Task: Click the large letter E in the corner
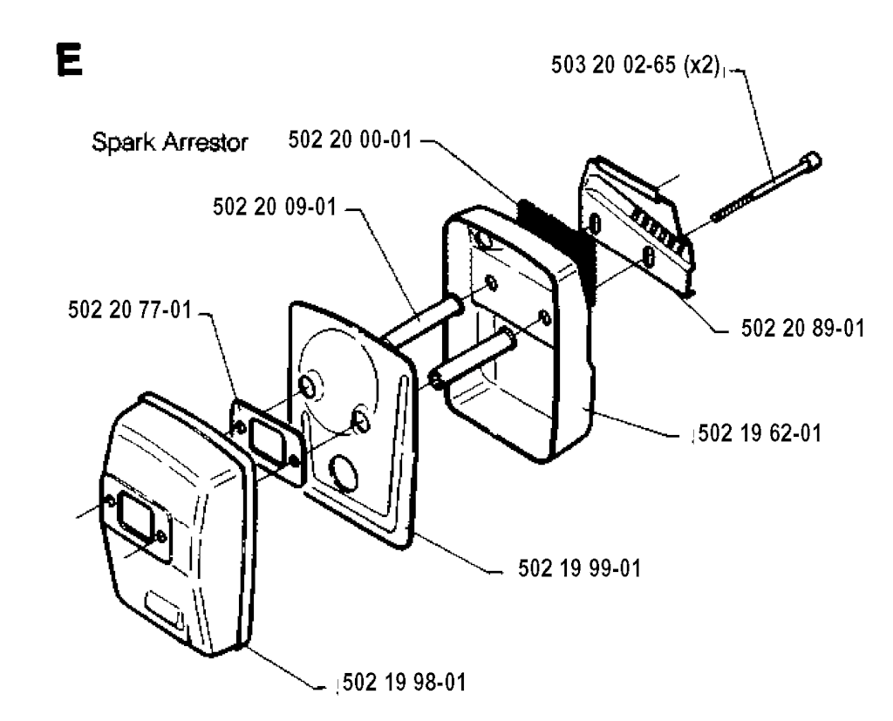pyautogui.click(x=70, y=60)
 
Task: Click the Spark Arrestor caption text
pyautogui.click(x=170, y=142)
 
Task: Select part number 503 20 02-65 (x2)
pyautogui.click(x=636, y=65)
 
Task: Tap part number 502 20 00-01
pyautogui.click(x=349, y=139)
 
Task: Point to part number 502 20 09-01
pyautogui.click(x=275, y=207)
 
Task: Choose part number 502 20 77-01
pyautogui.click(x=130, y=310)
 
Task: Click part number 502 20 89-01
pyautogui.click(x=802, y=329)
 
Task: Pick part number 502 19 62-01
pyautogui.click(x=760, y=433)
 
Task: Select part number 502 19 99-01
pyautogui.click(x=580, y=568)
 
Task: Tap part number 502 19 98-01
pyautogui.click(x=405, y=683)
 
